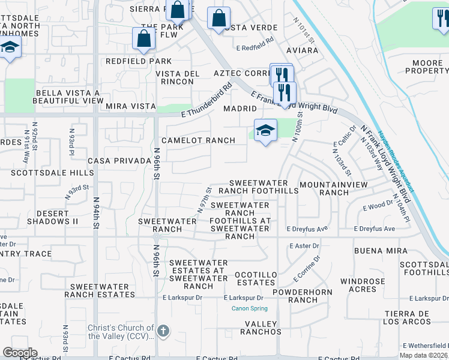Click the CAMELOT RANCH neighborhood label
[195, 140]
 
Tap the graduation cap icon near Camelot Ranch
[265, 131]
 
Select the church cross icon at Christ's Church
[163, 331]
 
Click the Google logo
[20, 352]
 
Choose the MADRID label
[240, 109]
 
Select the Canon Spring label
[250, 309]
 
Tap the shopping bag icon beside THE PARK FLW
[144, 38]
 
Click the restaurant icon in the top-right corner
[440, 18]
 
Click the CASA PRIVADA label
[119, 161]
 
